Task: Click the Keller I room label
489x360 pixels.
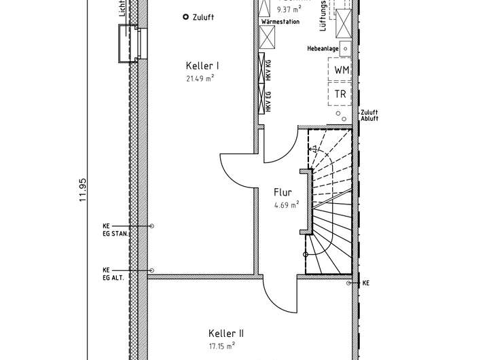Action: pos(202,66)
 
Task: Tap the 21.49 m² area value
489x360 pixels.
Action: pos(200,78)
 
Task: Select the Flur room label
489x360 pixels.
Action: pos(283,192)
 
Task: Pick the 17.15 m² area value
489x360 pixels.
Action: pos(221,345)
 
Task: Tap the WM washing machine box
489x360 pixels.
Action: pos(342,70)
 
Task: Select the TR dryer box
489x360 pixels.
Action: pos(341,94)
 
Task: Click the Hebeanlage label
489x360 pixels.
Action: pos(323,49)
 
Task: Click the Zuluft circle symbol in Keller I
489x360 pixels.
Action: pos(185,18)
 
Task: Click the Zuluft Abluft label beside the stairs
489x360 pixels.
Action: pos(369,115)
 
